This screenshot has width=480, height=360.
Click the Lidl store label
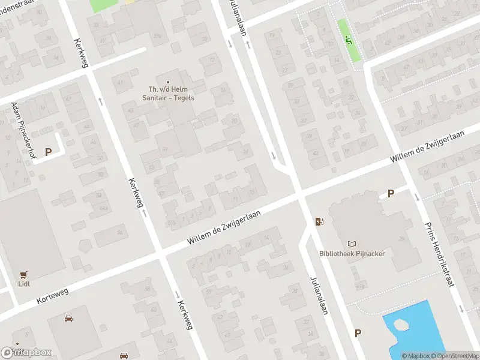pos(25,284)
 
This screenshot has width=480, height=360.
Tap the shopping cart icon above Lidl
pos(25,274)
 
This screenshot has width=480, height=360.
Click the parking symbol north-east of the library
pos(391,193)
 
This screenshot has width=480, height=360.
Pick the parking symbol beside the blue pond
pos(358,333)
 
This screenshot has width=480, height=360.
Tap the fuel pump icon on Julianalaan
pos(320,222)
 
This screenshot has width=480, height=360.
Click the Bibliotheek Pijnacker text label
pos(352,254)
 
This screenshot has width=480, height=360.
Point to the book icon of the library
pos(352,244)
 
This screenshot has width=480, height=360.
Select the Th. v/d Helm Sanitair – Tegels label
pos(168,94)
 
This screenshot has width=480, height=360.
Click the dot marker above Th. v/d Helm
pos(168,82)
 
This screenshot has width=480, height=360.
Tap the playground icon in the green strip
pos(348,40)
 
